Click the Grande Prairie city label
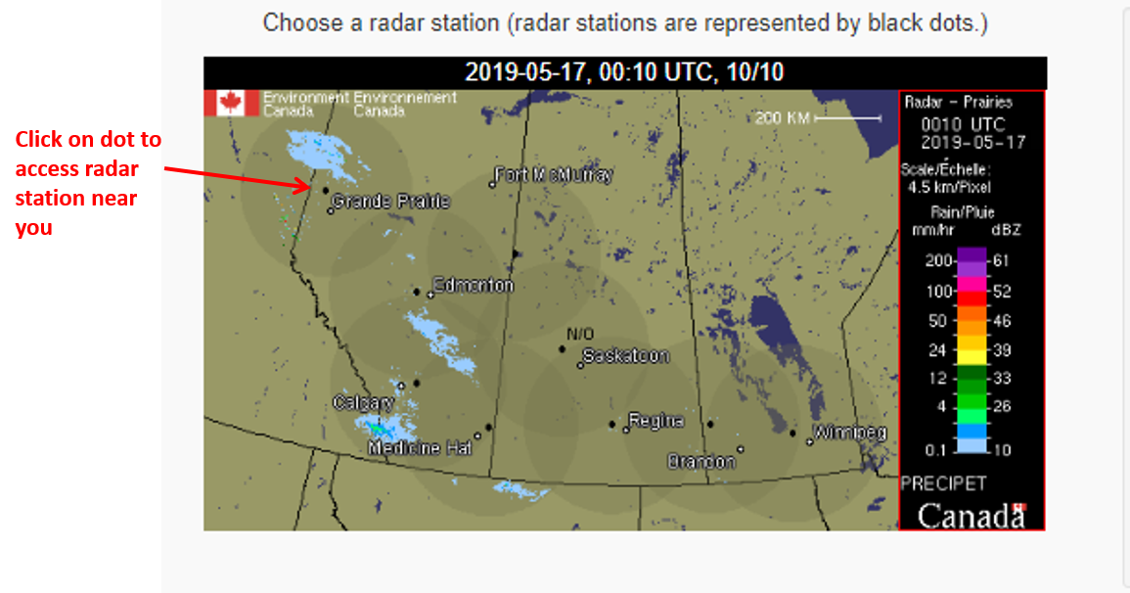390,202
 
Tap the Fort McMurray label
554,175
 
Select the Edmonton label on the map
473,285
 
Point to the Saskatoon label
626,356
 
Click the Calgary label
363,402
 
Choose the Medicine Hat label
420,447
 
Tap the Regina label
655,421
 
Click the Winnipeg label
850,433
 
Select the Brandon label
701,461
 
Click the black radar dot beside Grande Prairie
325,190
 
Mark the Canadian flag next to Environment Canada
232,103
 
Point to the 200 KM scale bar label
783,118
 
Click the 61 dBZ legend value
1001,260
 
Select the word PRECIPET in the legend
943,483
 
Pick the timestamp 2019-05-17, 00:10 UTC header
624,72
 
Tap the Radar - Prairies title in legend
958,102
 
